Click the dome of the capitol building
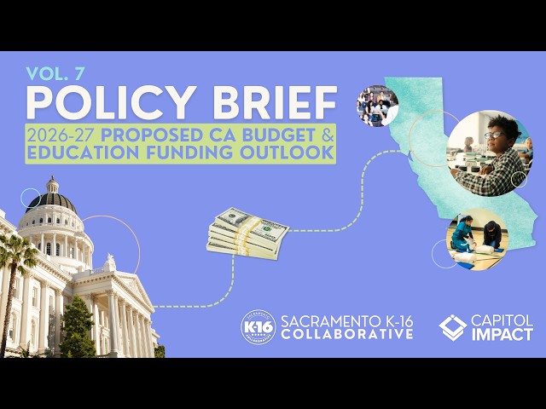[51, 202]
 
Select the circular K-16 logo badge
[258, 326]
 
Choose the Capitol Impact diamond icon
[452, 326]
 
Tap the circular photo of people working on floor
[477, 238]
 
